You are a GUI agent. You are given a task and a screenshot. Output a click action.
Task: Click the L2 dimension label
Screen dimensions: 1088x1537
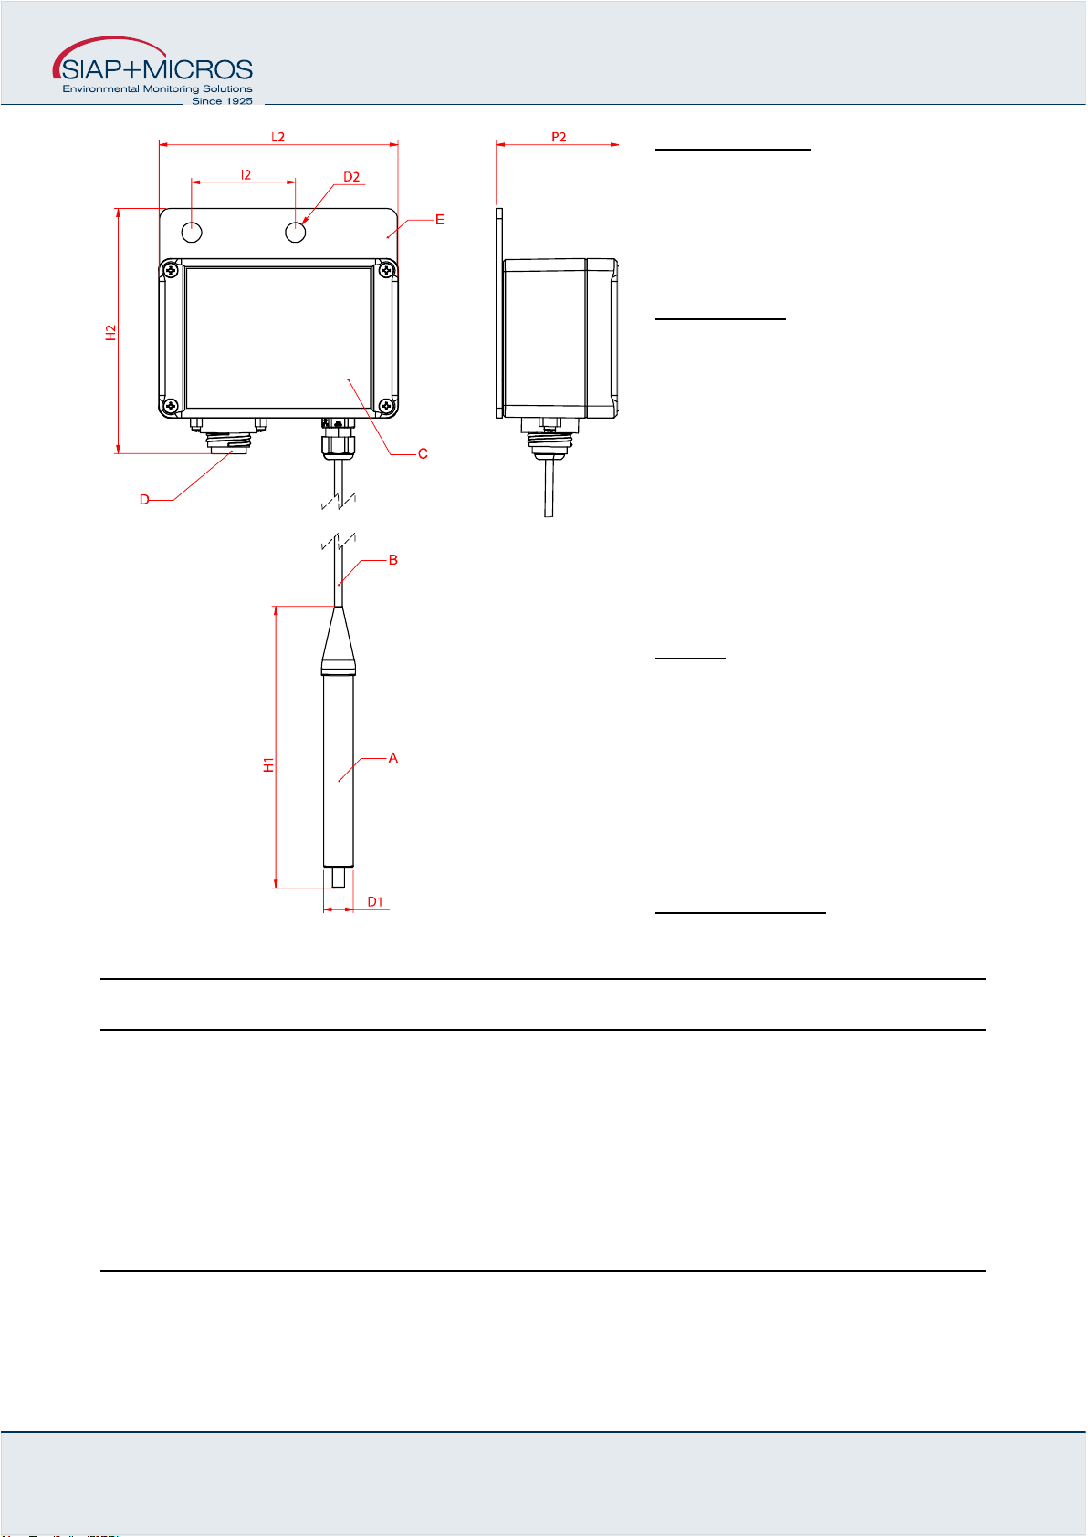pyautogui.click(x=277, y=137)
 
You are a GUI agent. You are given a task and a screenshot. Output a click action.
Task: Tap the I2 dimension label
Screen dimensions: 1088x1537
pyautogui.click(x=246, y=175)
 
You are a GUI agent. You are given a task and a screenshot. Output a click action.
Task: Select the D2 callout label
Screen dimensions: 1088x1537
pyautogui.click(x=351, y=177)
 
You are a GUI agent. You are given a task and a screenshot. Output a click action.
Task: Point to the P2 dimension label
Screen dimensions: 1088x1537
pyautogui.click(x=559, y=137)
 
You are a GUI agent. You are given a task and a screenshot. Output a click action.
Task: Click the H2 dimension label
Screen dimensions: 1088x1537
pyautogui.click(x=110, y=332)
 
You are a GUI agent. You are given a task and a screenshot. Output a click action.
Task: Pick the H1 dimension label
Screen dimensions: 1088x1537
pyautogui.click(x=268, y=765)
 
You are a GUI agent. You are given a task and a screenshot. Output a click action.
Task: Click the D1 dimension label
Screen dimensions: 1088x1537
pyautogui.click(x=375, y=901)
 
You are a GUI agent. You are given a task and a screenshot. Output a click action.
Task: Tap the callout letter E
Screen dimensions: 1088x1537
pyautogui.click(x=440, y=220)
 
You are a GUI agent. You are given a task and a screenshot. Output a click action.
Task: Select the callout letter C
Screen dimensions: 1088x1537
pyautogui.click(x=423, y=453)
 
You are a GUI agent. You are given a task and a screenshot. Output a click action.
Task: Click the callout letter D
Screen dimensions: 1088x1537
pyautogui.click(x=144, y=500)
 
